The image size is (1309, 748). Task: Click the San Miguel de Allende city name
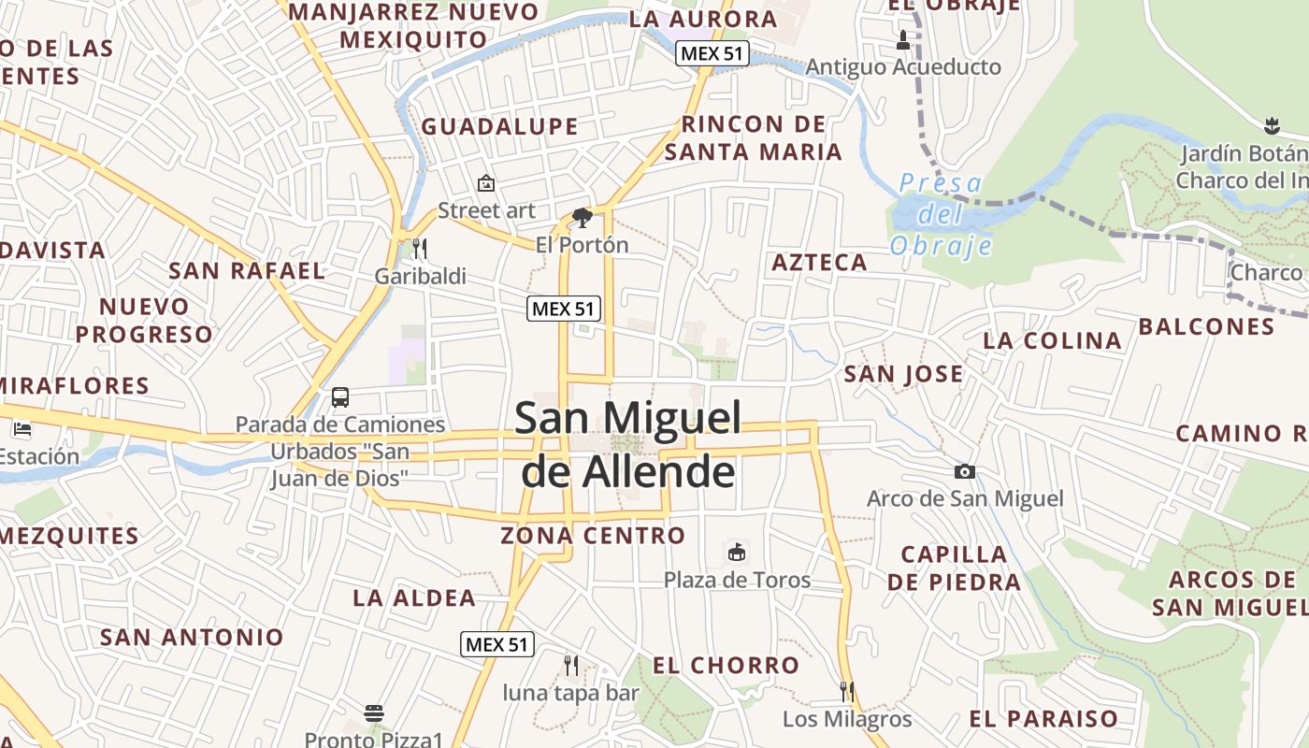tap(628, 445)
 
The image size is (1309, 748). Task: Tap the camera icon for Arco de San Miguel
tap(965, 472)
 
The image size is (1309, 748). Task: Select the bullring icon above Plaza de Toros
tap(737, 553)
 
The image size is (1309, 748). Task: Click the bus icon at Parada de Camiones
tap(340, 397)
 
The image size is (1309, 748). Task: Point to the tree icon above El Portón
tap(582, 218)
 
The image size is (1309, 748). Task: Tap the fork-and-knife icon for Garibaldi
tap(420, 249)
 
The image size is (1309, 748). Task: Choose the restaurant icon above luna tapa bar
tap(570, 666)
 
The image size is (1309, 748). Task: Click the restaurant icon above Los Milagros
tap(847, 692)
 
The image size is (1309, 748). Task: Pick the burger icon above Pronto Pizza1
tap(374, 713)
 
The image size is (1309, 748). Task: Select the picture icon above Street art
tap(485, 183)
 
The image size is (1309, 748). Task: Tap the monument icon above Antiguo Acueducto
tap(902, 40)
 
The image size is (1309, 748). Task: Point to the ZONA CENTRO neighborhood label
tap(593, 536)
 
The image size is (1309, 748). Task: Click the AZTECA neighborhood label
tap(819, 263)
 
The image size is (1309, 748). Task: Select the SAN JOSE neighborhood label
tap(903, 374)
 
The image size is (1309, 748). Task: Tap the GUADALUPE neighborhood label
tap(499, 126)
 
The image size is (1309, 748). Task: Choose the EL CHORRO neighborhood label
tap(726, 665)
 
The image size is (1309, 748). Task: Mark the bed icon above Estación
tap(22, 430)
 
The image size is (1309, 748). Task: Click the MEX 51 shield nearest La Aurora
tap(712, 53)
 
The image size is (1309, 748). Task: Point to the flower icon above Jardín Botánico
tap(1271, 124)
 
